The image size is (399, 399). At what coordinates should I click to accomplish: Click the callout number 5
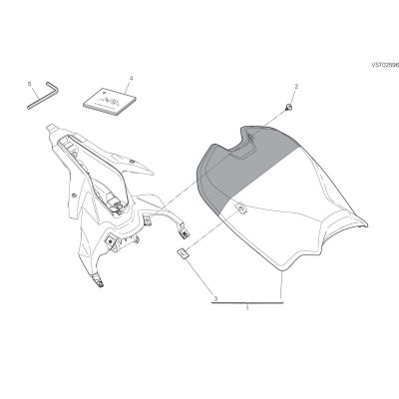tap(29, 84)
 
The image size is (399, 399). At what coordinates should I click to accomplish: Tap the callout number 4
tap(131, 78)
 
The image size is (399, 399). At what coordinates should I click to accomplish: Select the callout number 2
tap(296, 86)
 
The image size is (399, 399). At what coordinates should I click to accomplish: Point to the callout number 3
tap(215, 298)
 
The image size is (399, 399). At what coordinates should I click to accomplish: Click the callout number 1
tap(247, 308)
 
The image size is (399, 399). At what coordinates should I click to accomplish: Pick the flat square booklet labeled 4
tap(110, 102)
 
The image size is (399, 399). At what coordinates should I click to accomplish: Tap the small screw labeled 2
tap(288, 107)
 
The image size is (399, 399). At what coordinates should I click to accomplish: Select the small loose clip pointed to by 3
tap(183, 253)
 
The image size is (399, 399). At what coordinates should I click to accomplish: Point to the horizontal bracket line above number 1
tap(247, 303)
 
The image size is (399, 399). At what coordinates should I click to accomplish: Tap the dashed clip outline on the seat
tap(241, 208)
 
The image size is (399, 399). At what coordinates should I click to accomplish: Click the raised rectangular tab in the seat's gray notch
tap(241, 152)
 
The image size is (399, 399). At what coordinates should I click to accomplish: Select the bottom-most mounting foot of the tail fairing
tap(99, 280)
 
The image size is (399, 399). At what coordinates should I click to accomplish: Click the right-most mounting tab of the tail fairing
tap(184, 232)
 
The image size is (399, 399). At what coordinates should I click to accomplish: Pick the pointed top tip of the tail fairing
tap(51, 128)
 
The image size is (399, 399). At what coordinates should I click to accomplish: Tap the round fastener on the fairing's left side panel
tap(74, 195)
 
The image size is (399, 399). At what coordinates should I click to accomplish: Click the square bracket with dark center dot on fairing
tap(110, 241)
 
